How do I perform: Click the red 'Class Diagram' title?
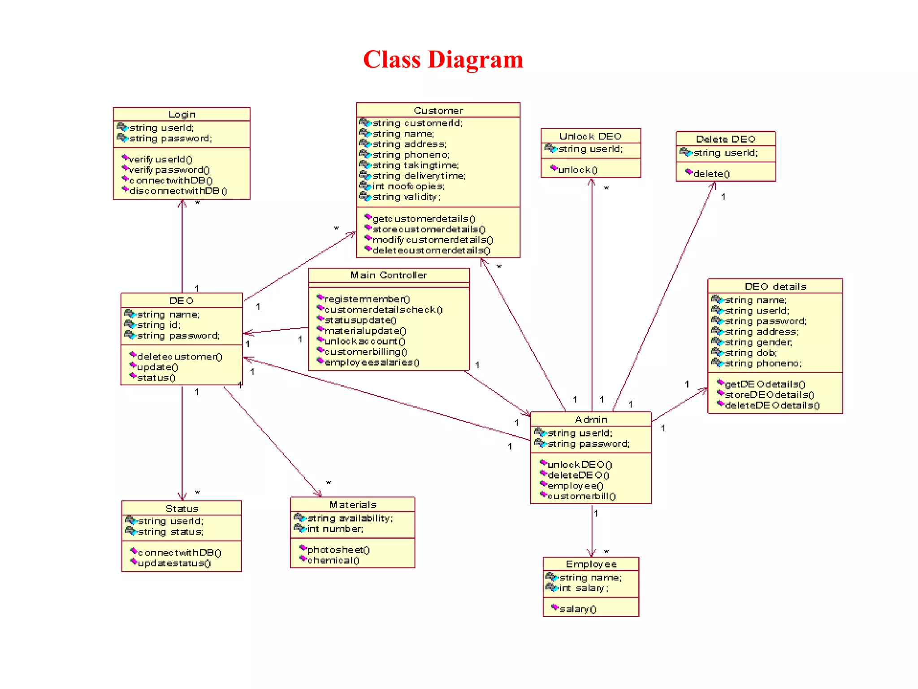(443, 60)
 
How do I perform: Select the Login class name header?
(182, 114)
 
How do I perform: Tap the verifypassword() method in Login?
(169, 170)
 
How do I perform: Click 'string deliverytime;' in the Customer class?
(419, 176)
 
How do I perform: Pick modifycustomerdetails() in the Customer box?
(433, 240)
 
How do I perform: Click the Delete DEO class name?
(725, 139)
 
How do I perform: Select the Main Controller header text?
(388, 275)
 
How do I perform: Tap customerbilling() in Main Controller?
(365, 352)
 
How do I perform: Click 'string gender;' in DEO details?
(758, 342)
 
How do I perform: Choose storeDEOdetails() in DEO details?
(769, 395)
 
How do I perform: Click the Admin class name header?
(591, 419)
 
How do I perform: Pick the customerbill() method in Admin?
(581, 497)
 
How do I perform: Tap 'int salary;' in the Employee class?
(584, 588)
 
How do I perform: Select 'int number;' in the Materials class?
(335, 529)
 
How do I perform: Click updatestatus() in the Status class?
(174, 563)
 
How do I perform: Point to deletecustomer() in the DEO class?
(179, 357)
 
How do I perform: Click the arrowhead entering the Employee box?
(592, 554)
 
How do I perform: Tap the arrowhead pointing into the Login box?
(182, 203)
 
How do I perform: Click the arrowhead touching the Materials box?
(319, 494)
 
